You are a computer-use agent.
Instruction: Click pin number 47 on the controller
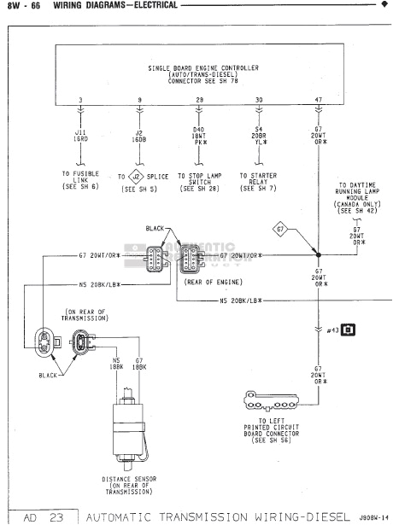[x=319, y=102]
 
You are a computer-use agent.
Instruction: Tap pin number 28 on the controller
[x=200, y=102]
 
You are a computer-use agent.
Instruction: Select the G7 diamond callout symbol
[x=280, y=229]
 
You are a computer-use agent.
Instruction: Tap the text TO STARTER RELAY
[x=259, y=182]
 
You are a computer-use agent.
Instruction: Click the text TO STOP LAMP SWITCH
[x=200, y=182]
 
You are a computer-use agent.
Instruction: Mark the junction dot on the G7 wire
[x=319, y=255]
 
